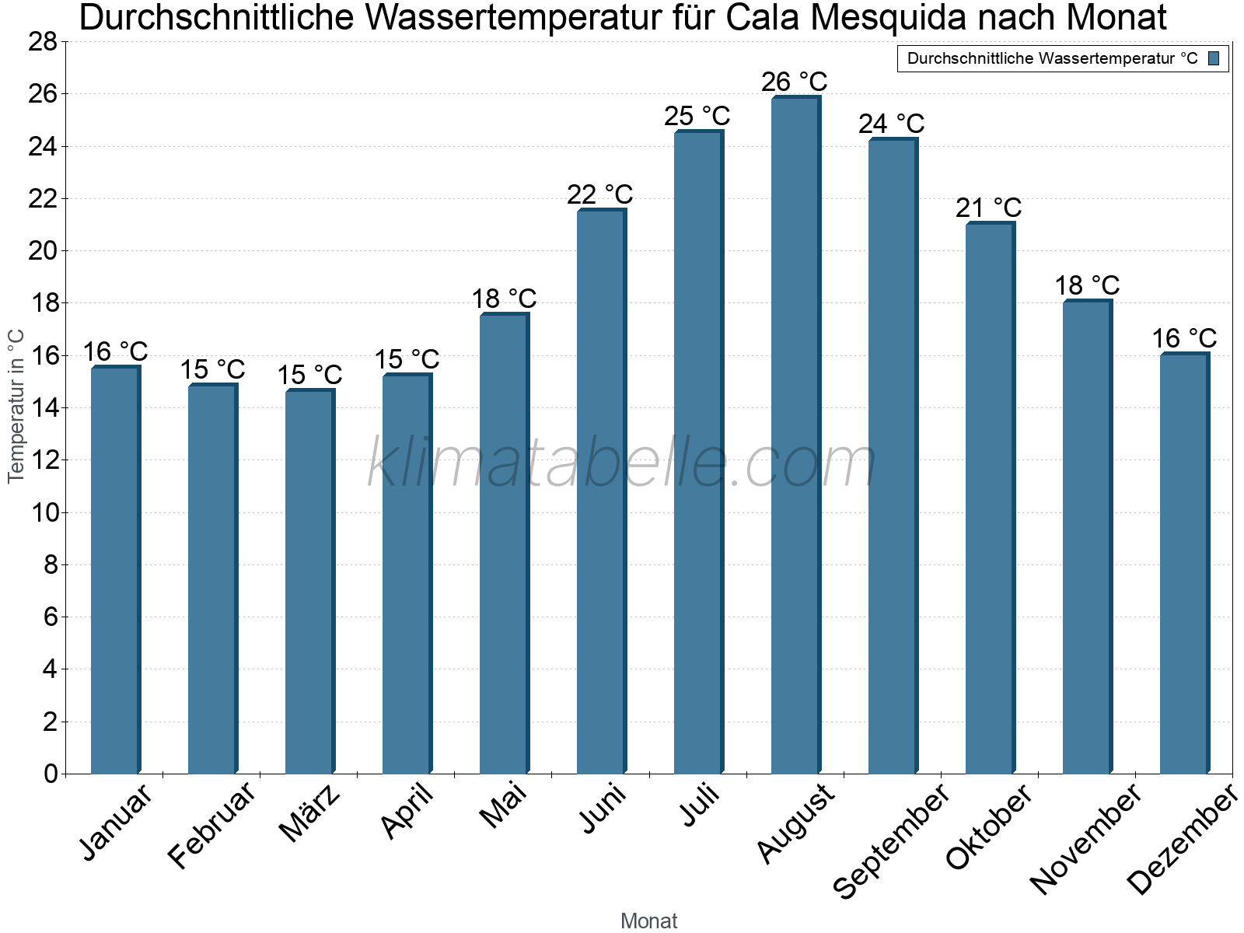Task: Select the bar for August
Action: click(795, 435)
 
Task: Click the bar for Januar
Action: click(115, 571)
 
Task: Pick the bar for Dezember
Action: click(1184, 564)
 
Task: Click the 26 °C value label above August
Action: click(794, 82)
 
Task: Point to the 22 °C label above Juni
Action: click(599, 194)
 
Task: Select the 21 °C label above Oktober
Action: click(988, 208)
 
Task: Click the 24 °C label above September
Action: click(891, 124)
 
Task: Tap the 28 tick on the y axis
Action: click(43, 42)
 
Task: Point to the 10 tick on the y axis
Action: click(43, 512)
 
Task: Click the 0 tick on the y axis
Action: click(51, 774)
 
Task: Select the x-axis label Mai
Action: click(504, 805)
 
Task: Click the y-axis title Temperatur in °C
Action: click(16, 406)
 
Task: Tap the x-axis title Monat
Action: click(648, 921)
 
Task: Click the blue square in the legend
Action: click(1214, 58)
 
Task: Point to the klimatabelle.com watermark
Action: click(622, 463)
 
